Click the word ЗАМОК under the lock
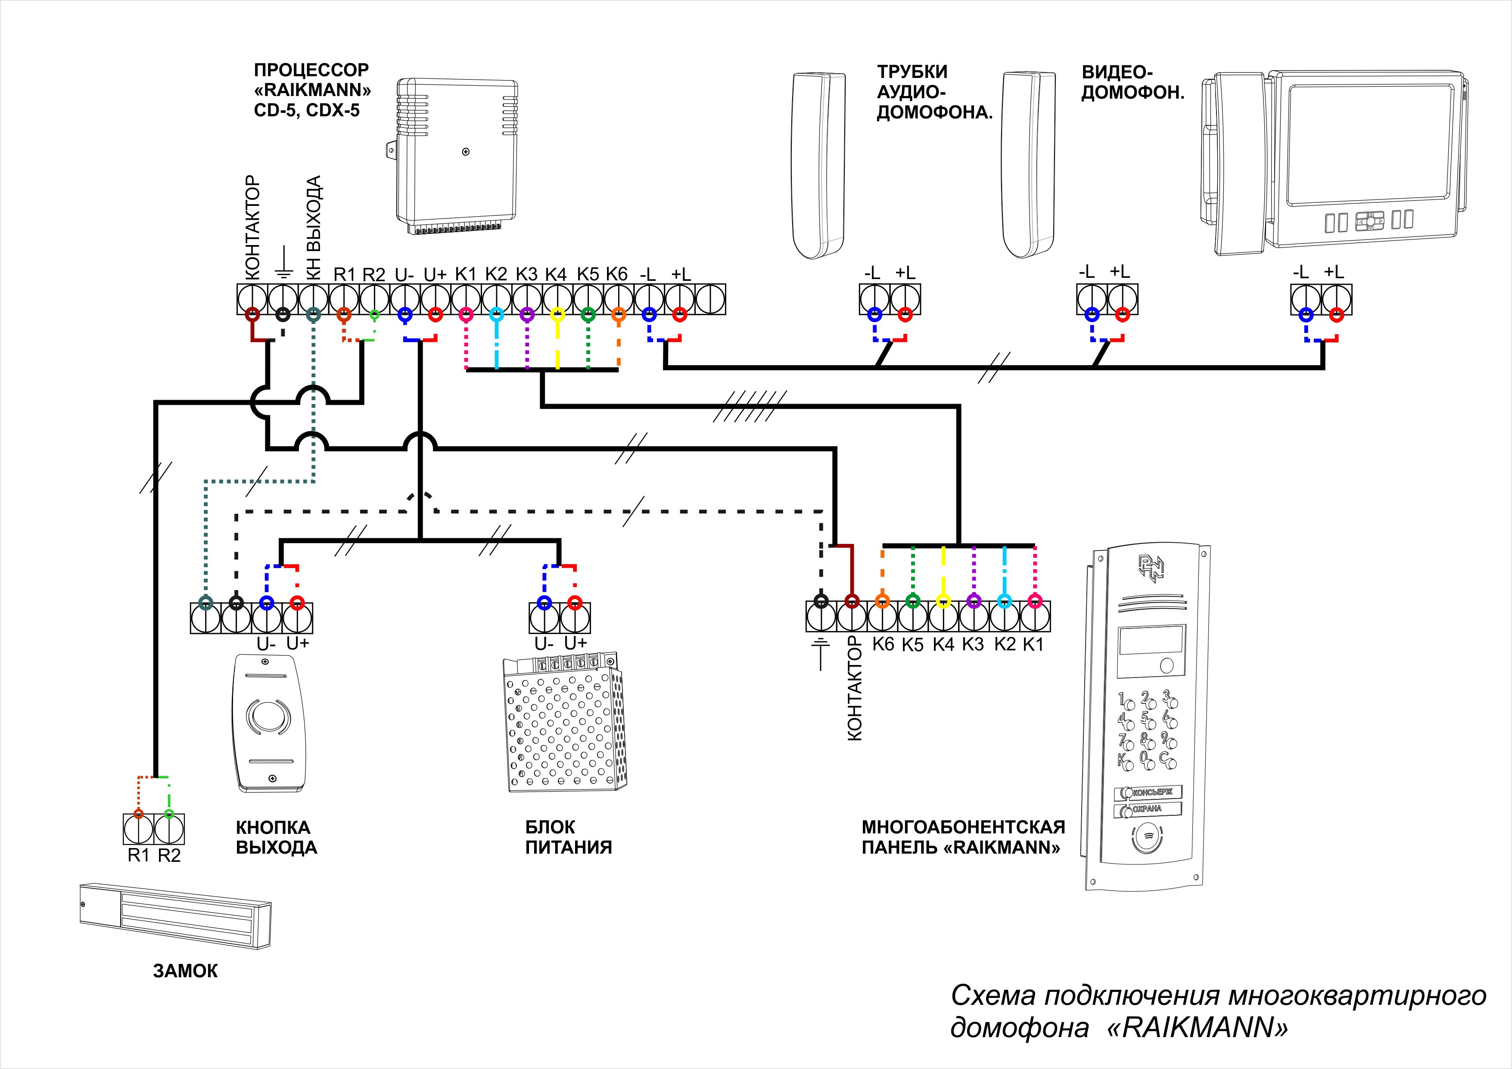185,971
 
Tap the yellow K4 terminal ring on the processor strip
557,315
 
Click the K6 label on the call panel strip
883,644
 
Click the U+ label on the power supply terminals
576,643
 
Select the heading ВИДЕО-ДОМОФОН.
1132,82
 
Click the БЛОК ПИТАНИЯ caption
568,837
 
